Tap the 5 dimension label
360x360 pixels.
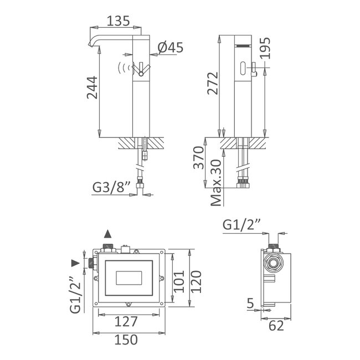pos(251,303)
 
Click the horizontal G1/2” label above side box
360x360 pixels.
pos(243,225)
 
